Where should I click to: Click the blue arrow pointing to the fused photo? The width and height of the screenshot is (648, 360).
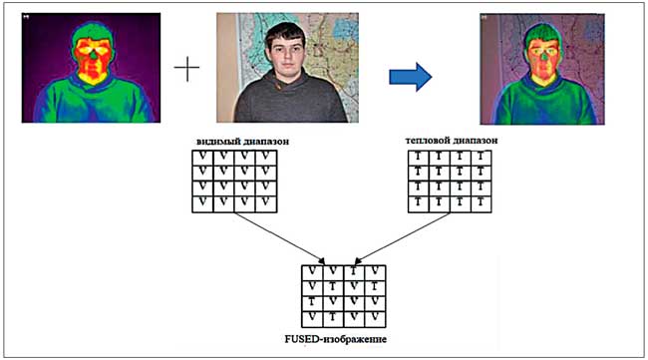coord(411,77)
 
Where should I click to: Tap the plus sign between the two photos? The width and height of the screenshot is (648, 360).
coord(186,68)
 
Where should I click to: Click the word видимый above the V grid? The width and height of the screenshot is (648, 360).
coord(216,142)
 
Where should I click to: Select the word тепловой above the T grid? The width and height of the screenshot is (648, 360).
coord(425,141)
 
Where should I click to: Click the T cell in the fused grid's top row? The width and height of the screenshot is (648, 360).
coord(354,273)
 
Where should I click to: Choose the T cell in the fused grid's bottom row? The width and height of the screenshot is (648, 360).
coord(333,319)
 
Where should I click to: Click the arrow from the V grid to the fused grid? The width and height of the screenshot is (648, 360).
coord(280,238)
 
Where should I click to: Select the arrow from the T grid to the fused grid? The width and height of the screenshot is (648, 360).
coord(402,238)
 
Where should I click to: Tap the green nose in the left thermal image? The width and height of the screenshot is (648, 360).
coord(94,54)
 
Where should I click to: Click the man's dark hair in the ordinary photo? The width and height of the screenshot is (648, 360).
coord(285,32)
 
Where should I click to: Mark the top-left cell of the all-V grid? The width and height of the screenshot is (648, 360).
coord(202,158)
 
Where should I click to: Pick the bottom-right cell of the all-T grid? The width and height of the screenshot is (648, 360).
coord(481,204)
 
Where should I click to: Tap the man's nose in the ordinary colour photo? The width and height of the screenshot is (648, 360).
coord(286,56)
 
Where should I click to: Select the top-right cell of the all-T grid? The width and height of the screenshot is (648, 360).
coord(481,158)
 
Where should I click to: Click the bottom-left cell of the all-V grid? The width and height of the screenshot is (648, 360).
coord(202,204)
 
